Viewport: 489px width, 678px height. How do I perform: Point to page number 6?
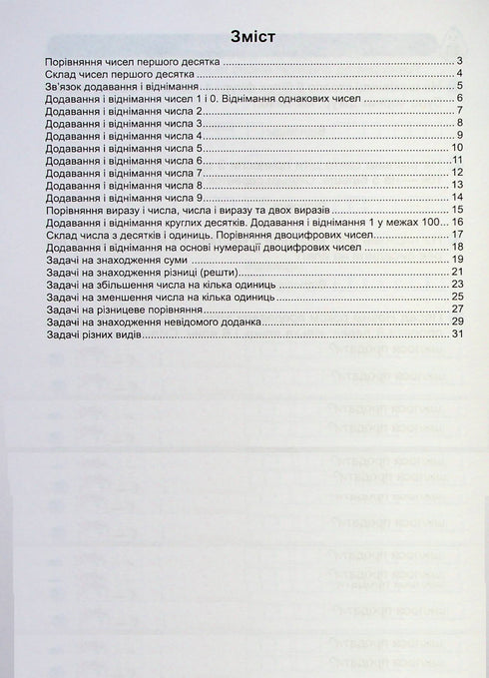click(457, 99)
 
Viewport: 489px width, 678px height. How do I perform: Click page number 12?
click(454, 173)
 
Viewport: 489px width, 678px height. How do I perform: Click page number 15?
click(454, 210)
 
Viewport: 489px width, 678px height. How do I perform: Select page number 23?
click(454, 284)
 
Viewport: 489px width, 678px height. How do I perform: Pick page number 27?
click(454, 309)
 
